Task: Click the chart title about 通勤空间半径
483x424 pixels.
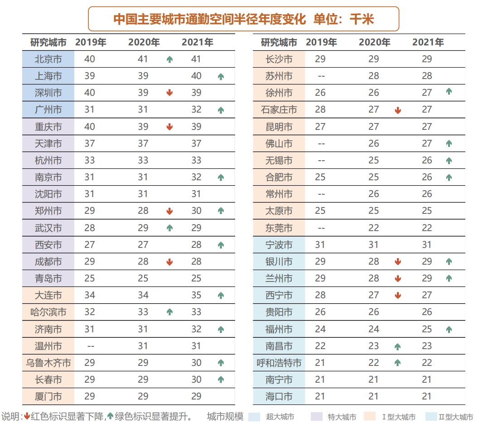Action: pyautogui.click(x=244, y=19)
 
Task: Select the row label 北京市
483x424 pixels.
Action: pyautogui.click(x=48, y=59)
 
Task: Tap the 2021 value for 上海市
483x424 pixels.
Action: pyautogui.click(x=196, y=76)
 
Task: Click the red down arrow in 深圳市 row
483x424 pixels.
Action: pyautogui.click(x=169, y=93)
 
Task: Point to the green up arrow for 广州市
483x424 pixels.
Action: pyautogui.click(x=221, y=110)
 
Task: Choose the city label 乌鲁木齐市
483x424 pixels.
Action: pyautogui.click(x=48, y=363)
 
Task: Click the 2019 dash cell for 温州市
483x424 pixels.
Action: pyautogui.click(x=90, y=346)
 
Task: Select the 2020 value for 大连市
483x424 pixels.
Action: pyautogui.click(x=143, y=296)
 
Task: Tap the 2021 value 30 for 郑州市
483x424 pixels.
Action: pyautogui.click(x=196, y=211)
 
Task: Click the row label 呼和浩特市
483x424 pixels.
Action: pyautogui.click(x=279, y=363)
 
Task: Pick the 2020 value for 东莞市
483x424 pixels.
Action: pyautogui.click(x=373, y=228)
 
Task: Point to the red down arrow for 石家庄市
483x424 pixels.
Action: pyautogui.click(x=398, y=110)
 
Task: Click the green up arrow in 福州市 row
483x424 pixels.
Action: pyautogui.click(x=449, y=330)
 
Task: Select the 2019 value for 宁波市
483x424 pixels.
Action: pyautogui.click(x=320, y=245)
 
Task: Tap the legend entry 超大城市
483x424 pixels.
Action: pyautogui.click(x=280, y=417)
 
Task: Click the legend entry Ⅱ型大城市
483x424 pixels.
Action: pyautogui.click(x=455, y=417)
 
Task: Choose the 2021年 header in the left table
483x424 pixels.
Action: pyautogui.click(x=198, y=43)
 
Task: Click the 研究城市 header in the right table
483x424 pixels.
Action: pyautogui.click(x=279, y=43)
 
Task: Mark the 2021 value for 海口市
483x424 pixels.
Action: pyautogui.click(x=427, y=396)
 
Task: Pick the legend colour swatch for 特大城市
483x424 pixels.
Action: pyautogui.click(x=316, y=417)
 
